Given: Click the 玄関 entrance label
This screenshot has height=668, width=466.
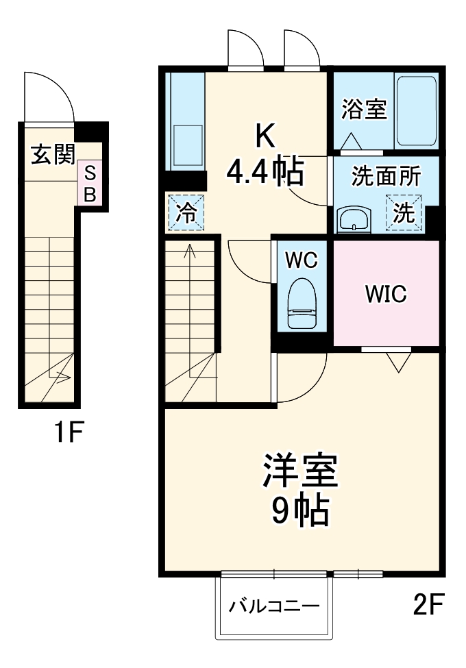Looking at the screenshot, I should (51, 155).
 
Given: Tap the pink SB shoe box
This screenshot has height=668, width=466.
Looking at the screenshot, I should (90, 183).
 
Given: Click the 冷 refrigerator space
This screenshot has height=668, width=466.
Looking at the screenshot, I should (185, 213).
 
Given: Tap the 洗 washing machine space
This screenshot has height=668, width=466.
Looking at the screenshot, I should (404, 212).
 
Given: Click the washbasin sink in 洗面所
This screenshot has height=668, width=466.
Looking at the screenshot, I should (355, 220).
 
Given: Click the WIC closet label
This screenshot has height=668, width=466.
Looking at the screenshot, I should (386, 294).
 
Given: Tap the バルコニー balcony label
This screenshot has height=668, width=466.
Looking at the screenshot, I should (273, 606).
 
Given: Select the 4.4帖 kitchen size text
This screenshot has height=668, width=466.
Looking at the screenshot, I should (265, 173).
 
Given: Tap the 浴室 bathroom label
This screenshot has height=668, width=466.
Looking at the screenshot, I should (364, 110).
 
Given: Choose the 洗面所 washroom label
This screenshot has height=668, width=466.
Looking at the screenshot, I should (385, 175).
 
